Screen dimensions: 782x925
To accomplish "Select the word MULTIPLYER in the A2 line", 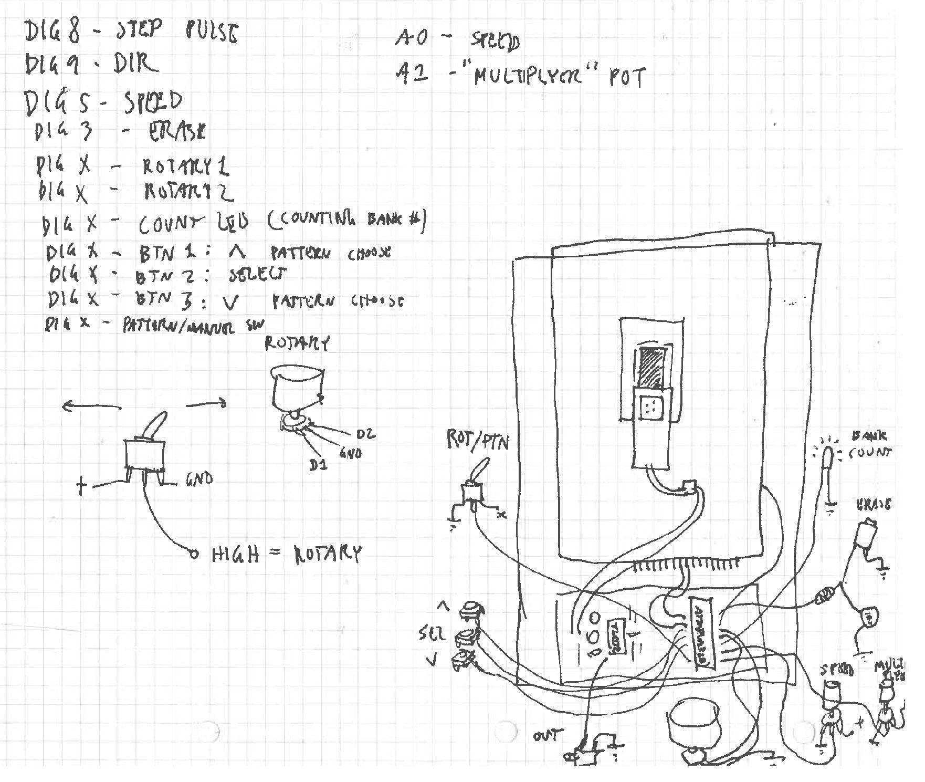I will [535, 77].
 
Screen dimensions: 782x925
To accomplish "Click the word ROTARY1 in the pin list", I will [185, 167].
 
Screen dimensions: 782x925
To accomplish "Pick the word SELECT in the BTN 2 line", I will [258, 275].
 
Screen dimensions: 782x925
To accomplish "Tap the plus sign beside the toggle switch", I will [81, 486].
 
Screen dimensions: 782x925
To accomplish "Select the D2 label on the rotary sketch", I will [365, 434].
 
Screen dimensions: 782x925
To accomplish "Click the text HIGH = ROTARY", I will [286, 554].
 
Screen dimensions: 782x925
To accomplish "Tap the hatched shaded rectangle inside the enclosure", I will [651, 367].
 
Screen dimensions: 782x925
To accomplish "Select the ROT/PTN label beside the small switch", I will [477, 441].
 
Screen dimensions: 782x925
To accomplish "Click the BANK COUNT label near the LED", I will [869, 444].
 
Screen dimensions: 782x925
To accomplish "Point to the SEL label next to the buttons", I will [432, 634].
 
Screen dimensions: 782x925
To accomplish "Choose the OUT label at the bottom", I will [548, 735].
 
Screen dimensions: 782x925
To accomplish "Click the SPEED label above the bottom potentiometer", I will [837, 670].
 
